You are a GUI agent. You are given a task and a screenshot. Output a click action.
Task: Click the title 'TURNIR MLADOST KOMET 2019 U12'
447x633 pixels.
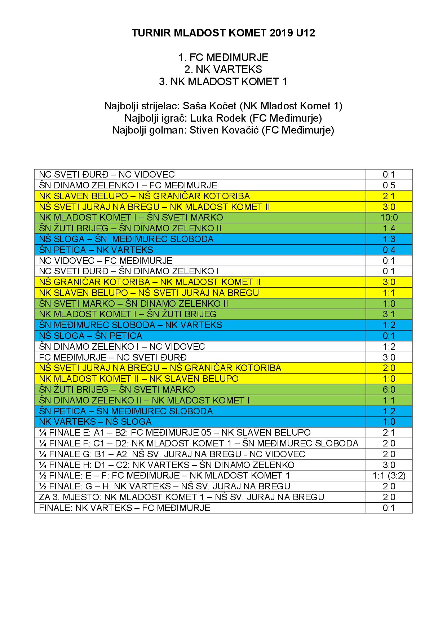pyautogui.click(x=223, y=33)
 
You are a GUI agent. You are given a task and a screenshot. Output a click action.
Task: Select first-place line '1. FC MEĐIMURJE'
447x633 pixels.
pyautogui.click(x=223, y=57)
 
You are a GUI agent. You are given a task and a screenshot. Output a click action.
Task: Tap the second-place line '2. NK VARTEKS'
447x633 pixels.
pyautogui.click(x=223, y=69)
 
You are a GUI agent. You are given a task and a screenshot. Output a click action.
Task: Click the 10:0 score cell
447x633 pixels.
pyautogui.click(x=389, y=217)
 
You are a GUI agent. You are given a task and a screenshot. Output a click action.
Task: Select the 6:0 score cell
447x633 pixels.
pyautogui.click(x=389, y=389)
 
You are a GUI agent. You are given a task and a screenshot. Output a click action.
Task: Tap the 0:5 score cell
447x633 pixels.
pyautogui.click(x=389, y=185)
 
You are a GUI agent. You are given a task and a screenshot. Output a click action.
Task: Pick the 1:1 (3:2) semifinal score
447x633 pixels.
pyautogui.click(x=389, y=476)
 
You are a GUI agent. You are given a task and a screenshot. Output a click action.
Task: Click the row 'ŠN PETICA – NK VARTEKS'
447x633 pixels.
pyautogui.click(x=96, y=250)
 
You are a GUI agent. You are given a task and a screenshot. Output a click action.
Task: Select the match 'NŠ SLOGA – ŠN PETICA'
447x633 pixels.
pyautogui.click(x=91, y=336)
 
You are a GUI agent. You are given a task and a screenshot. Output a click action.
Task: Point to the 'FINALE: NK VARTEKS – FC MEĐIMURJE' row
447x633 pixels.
pyautogui.click(x=125, y=508)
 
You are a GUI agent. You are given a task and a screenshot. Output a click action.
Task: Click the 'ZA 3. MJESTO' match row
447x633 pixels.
pyautogui.click(x=182, y=497)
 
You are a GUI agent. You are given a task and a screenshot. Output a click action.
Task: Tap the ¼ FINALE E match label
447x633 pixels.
pyautogui.click(x=175, y=432)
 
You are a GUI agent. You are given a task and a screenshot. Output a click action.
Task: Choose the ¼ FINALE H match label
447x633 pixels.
pyautogui.click(x=167, y=465)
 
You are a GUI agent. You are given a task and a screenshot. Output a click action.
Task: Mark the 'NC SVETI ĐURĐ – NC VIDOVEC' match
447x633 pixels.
pyautogui.click(x=107, y=174)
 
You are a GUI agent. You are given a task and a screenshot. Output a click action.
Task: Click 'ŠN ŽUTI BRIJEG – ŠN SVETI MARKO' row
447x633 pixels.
pyautogui.click(x=117, y=389)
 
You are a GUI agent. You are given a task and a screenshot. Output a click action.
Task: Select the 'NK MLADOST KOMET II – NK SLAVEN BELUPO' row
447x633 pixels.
pyautogui.click(x=139, y=379)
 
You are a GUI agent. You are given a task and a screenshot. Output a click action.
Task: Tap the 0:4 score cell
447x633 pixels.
pyautogui.click(x=389, y=250)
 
